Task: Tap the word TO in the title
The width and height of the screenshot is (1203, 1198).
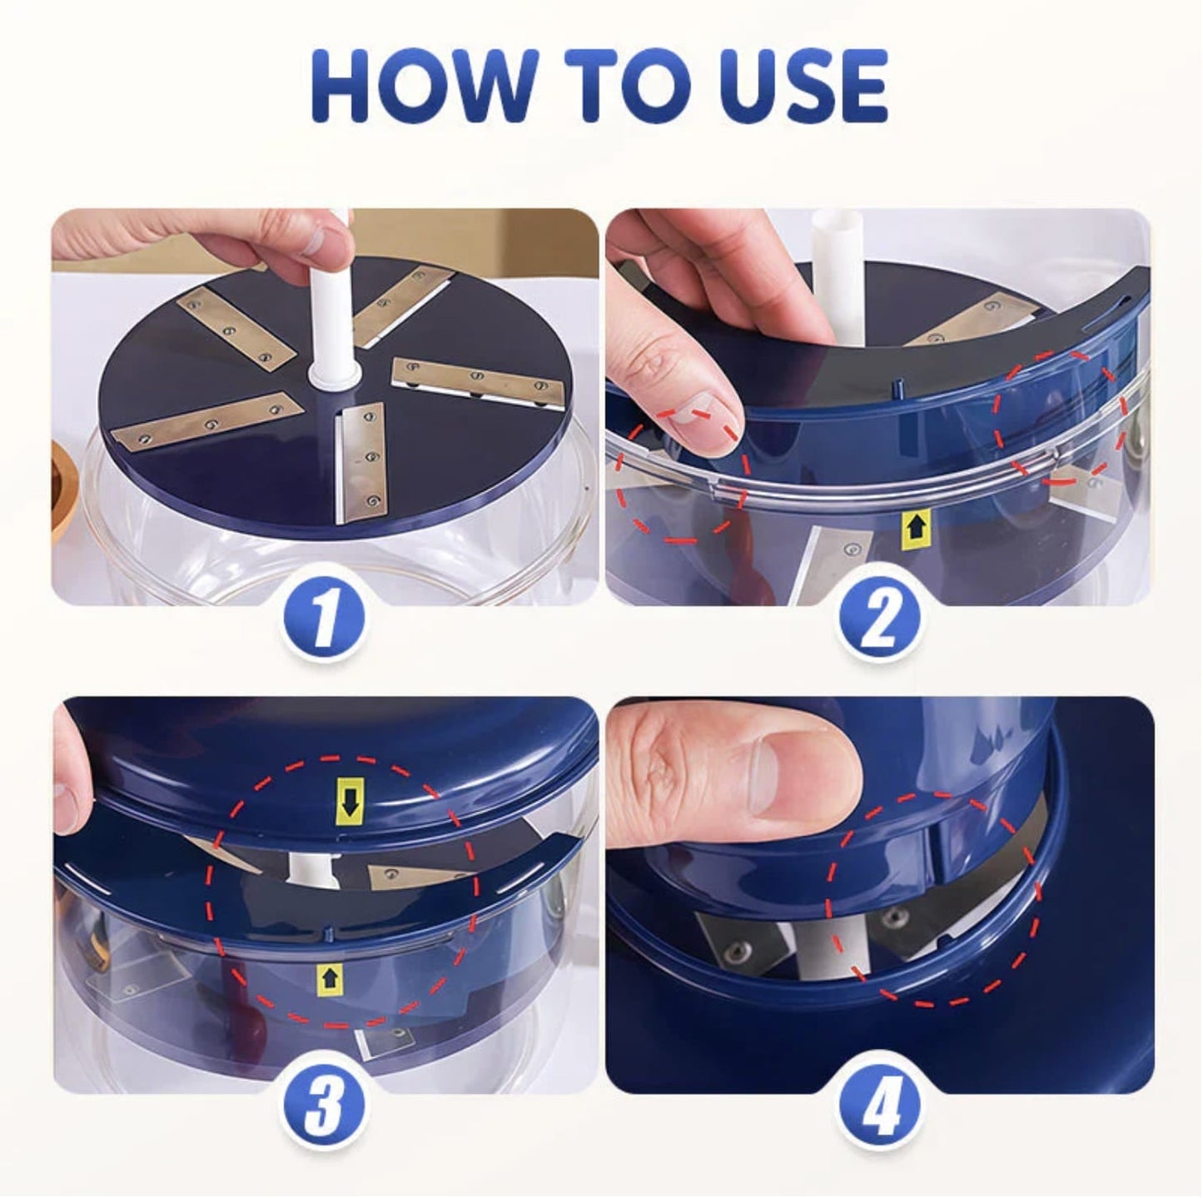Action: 622,87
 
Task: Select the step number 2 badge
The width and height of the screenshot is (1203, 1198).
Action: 880,619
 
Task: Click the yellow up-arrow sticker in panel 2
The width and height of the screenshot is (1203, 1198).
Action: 917,527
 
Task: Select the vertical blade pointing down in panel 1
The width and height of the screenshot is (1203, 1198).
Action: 361,463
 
